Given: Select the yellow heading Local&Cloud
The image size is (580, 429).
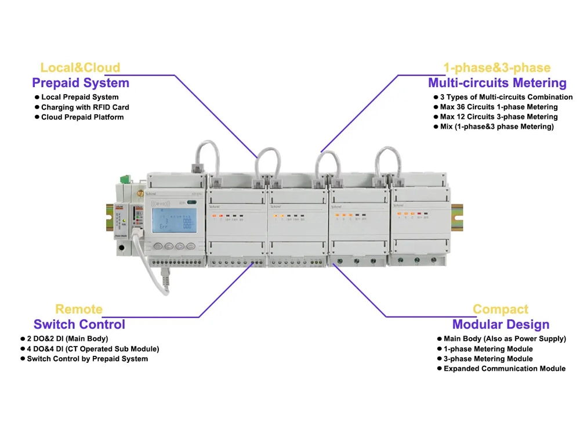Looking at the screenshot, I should pos(80,67).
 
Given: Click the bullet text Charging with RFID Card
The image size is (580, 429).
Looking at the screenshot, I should pos(85,107).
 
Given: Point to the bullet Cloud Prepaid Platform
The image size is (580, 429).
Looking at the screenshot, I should pos(82,117).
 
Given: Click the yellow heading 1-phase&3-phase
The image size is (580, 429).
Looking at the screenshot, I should pos(496,67).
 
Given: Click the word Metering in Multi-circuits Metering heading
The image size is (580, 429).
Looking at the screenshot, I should pos(536,82).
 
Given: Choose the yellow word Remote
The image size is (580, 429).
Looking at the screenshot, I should pos(79,309).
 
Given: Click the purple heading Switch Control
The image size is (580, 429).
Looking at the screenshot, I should pos(79,324).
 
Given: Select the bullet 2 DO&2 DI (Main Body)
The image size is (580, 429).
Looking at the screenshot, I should pos(67,338).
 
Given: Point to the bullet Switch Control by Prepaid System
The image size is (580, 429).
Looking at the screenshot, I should pos(87,359).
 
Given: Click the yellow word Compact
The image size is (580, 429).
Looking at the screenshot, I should pos(501,309).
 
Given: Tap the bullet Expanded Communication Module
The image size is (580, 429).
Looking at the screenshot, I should pos(504,369).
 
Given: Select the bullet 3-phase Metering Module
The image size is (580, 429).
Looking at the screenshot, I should pos(488,359).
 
